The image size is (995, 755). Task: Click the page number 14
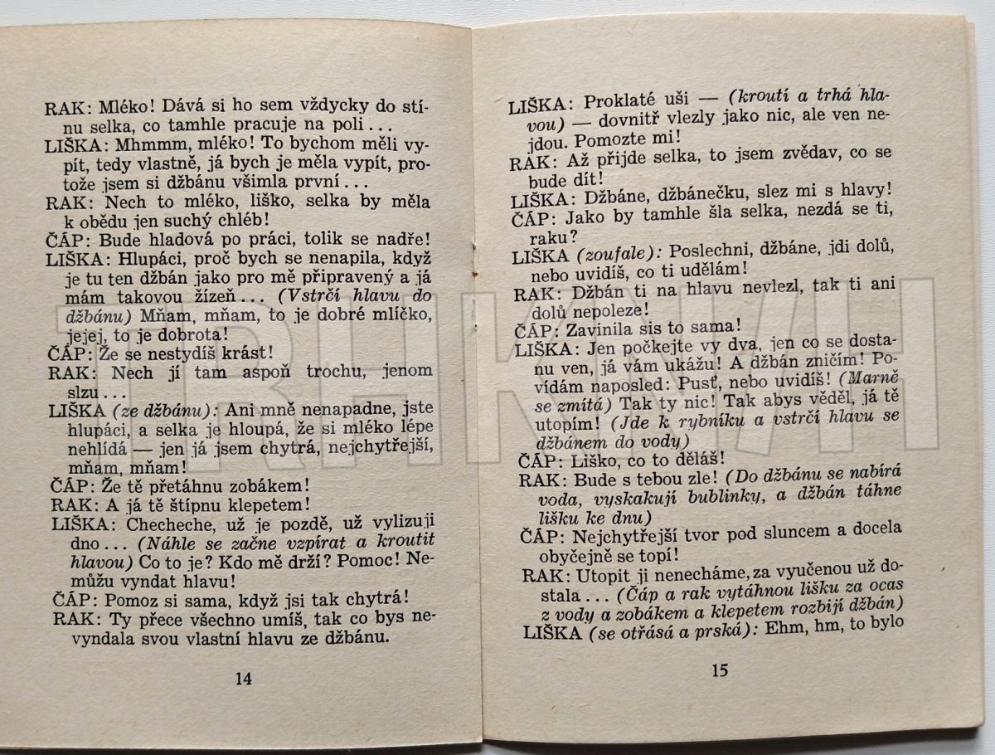pos(243,678)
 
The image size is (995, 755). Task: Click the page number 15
pos(719,670)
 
